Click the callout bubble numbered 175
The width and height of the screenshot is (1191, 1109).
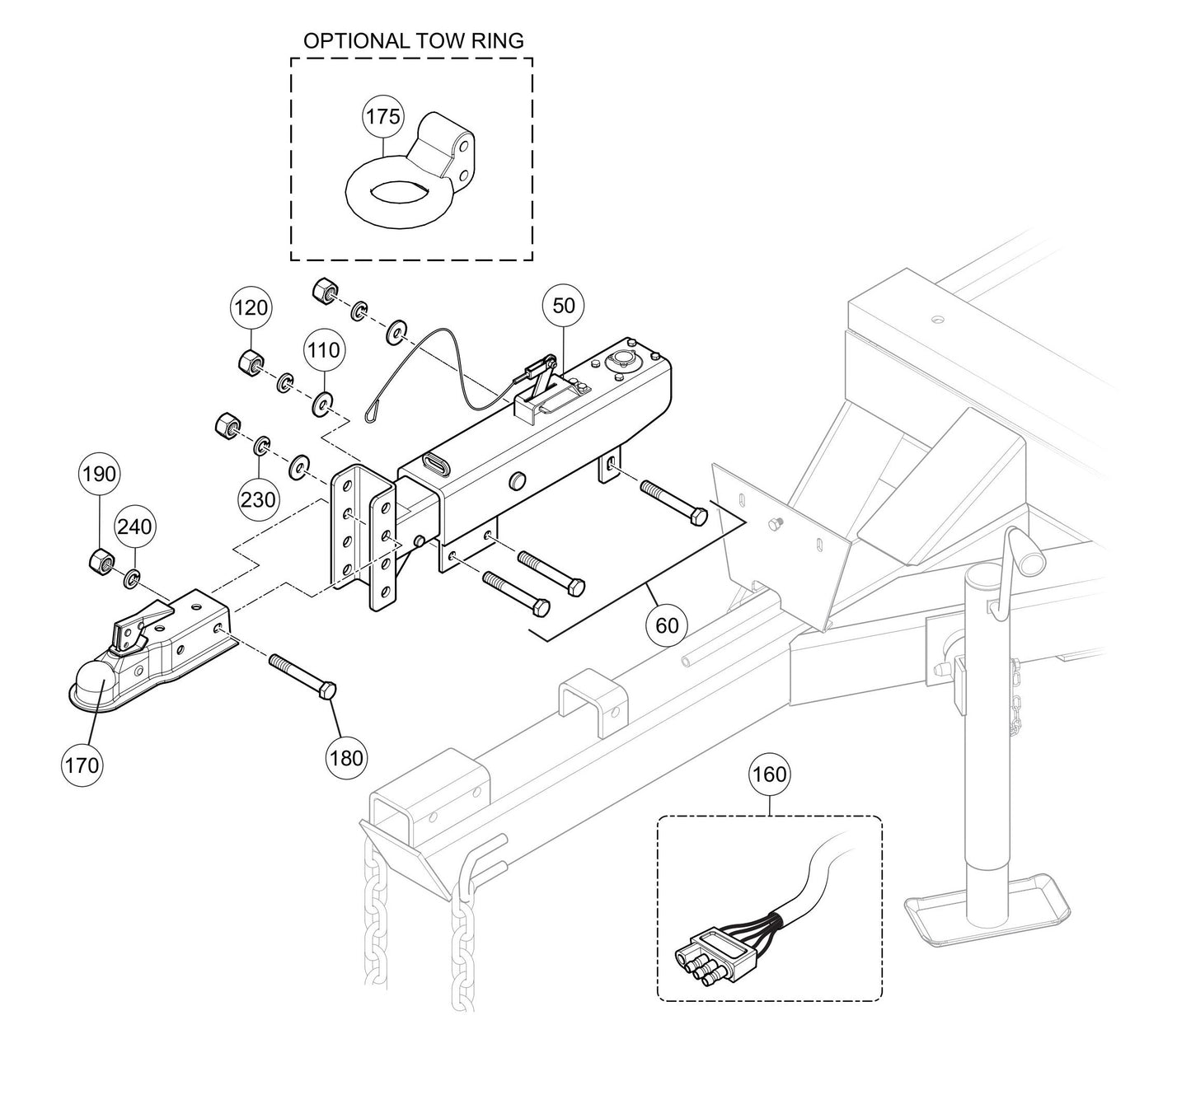click(x=382, y=117)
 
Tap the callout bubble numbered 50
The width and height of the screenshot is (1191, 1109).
click(x=564, y=305)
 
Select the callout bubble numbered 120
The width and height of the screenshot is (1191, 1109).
click(x=251, y=307)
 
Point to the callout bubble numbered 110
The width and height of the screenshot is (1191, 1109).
click(x=323, y=350)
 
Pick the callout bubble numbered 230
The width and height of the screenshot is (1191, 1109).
click(x=259, y=498)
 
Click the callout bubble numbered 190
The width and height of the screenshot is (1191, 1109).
click(x=99, y=475)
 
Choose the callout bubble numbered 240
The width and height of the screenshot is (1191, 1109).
click(x=134, y=526)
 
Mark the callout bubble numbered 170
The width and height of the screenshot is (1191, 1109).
click(x=82, y=765)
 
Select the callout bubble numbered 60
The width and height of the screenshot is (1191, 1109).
click(x=667, y=625)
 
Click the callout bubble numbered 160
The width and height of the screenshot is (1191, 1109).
click(x=769, y=774)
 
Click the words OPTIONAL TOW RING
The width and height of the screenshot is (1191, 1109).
click(x=413, y=41)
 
